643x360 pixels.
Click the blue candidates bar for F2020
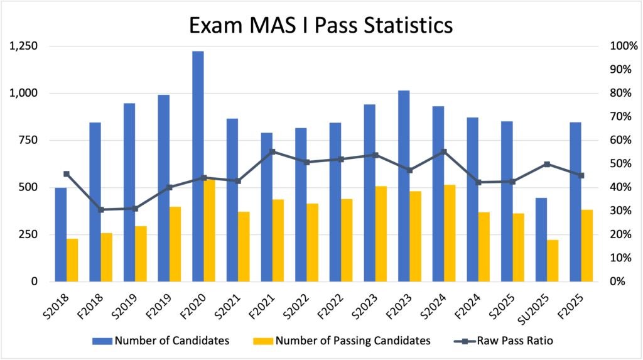click(x=198, y=166)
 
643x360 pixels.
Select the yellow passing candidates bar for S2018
click(x=72, y=260)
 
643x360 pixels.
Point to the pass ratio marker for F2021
click(x=272, y=151)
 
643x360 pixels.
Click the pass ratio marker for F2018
click(x=100, y=209)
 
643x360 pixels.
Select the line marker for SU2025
click(x=547, y=164)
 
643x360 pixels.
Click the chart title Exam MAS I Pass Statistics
click(x=321, y=26)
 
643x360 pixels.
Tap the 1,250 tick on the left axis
click(x=23, y=46)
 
